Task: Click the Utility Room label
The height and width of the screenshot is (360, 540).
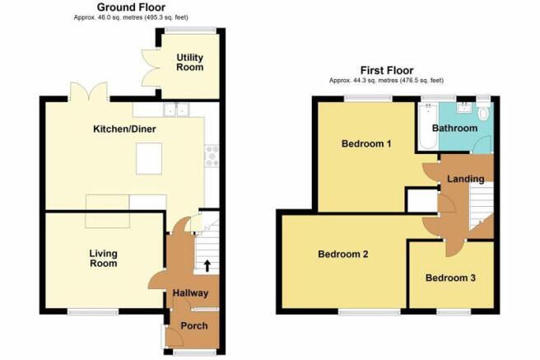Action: [x=190, y=63]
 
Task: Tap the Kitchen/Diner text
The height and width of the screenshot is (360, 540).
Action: [x=124, y=129]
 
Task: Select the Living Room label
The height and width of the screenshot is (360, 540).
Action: [x=104, y=259]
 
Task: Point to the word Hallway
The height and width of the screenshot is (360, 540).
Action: [x=190, y=293]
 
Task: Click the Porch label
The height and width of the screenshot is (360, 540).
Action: [x=194, y=325]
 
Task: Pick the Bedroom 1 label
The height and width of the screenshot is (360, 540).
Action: [x=366, y=143]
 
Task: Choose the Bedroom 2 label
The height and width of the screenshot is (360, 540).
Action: [x=343, y=255]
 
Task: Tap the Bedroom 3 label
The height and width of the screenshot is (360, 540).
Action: [x=450, y=278]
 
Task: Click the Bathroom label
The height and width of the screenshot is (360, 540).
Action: [x=454, y=129]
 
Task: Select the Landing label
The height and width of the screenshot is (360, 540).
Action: [x=466, y=179]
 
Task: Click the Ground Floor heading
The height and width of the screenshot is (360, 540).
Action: [x=131, y=7]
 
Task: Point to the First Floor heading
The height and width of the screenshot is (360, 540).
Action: [x=387, y=71]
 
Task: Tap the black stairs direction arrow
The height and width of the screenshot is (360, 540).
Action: [x=207, y=266]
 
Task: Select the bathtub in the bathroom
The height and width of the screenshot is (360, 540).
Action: [x=428, y=127]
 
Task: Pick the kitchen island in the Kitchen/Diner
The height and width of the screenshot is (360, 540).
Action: [x=149, y=159]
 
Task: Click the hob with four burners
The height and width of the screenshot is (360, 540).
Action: [x=212, y=156]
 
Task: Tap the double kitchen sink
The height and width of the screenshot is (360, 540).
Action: [x=176, y=110]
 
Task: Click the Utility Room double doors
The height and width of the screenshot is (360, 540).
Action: [x=151, y=68]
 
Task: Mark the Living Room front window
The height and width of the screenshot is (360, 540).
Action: [x=93, y=311]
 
